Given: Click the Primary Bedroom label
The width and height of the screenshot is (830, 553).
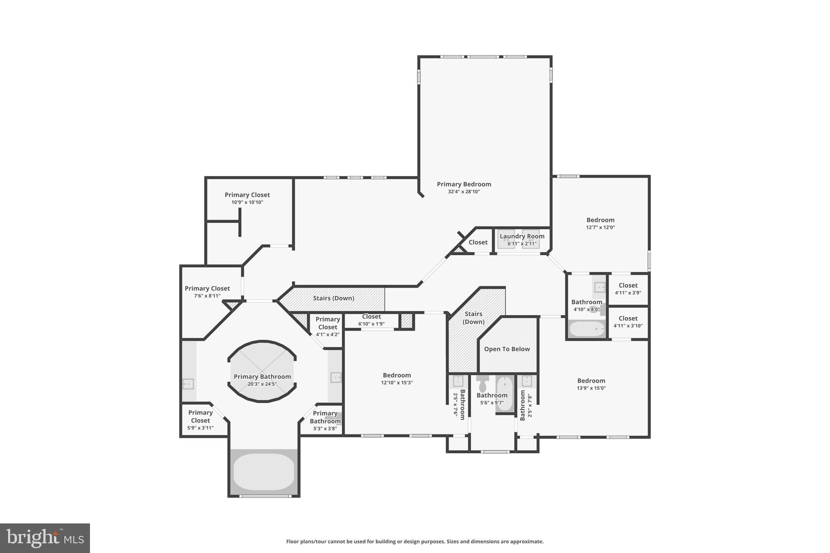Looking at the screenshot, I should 464,184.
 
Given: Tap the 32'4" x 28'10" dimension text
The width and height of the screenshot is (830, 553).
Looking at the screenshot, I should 464,192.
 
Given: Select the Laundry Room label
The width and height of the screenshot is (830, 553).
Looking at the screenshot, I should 522,236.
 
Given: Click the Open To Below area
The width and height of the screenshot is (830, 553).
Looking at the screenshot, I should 507,349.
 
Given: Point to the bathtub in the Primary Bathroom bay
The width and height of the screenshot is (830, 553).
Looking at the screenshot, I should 264,472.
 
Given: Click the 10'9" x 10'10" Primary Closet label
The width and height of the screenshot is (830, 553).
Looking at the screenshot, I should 247,195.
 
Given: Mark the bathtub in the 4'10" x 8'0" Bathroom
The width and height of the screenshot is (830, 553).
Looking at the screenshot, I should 586,329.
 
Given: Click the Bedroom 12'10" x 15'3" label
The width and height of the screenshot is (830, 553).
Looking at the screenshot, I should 397,376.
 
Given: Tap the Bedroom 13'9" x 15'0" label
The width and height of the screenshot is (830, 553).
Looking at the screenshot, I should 591,381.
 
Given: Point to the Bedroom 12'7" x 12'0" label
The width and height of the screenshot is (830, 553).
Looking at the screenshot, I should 600,220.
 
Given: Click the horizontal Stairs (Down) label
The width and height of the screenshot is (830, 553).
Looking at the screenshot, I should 334,298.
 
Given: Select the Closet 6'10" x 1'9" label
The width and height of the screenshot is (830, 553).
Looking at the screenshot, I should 371,317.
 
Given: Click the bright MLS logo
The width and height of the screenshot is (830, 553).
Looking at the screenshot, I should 45,538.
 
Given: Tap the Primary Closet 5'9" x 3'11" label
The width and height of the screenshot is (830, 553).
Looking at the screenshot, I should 200,416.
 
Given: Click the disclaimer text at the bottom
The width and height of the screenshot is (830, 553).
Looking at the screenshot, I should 415,541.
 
